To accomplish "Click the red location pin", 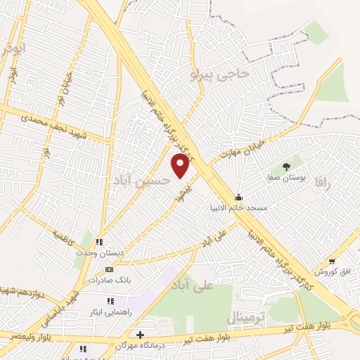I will (181, 165).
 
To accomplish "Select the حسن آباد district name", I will (141, 180).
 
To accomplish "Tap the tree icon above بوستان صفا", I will (286, 167).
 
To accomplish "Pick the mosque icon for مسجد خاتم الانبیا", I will (239, 197).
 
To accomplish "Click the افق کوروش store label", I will (329, 271).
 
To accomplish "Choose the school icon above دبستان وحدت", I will (99, 242).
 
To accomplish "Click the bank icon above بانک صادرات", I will (108, 269).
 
